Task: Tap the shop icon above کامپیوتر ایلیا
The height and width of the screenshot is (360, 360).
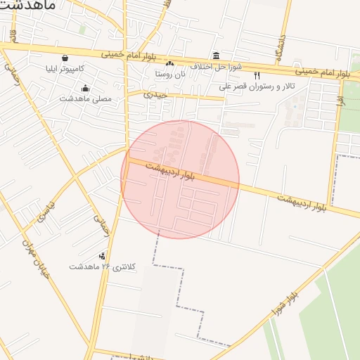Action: pos(65,58)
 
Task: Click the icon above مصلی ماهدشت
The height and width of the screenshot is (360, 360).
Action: pos(86,89)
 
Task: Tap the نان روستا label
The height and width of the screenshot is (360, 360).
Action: pos(170,73)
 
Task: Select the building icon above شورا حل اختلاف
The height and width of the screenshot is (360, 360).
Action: pos(215,56)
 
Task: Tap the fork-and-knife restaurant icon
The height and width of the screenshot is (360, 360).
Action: pos(257,75)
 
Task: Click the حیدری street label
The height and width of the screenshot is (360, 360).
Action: pos(155,94)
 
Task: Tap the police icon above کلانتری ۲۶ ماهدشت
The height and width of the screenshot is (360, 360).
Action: pos(103,256)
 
